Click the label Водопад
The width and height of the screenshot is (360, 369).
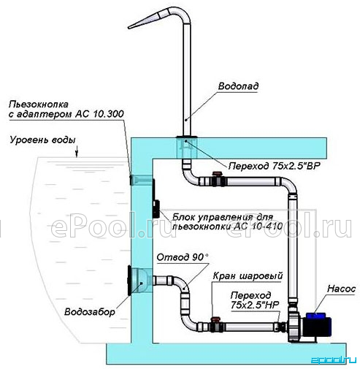tap(238, 86)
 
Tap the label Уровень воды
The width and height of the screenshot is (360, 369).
tap(42, 140)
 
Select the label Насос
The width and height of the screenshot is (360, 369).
tap(341, 289)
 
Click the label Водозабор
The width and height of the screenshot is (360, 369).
tap(90, 312)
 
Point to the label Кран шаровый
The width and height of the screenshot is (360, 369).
tap(248, 276)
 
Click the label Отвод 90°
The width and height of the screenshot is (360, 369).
tap(183, 257)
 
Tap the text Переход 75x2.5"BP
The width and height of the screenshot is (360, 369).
tap(275, 166)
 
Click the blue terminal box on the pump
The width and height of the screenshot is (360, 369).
tap(315, 316)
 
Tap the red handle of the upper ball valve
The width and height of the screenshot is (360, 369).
tap(218, 174)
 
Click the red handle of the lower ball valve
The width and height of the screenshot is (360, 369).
tap(215, 319)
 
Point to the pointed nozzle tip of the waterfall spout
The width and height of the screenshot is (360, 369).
tap(129, 27)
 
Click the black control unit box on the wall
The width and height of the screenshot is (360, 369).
tap(156, 209)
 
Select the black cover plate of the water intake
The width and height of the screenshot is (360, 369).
tap(129, 281)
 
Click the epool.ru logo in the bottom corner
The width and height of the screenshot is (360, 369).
tap(334, 360)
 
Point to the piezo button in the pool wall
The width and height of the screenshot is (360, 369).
tap(131, 180)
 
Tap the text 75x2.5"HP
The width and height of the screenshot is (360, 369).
tap(255, 305)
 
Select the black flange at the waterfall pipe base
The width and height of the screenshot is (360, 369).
tap(187, 137)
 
